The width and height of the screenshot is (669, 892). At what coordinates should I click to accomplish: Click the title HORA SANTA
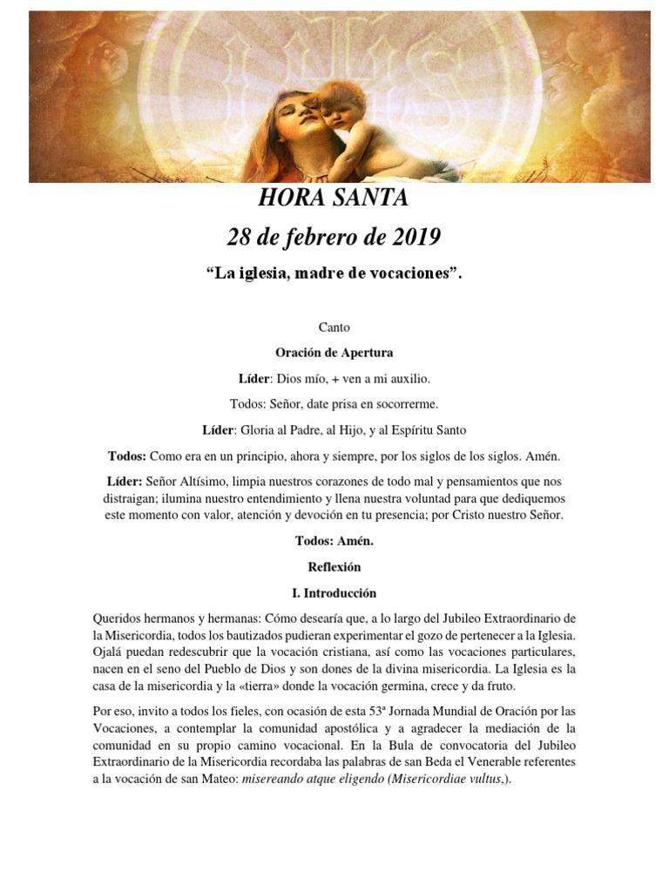[334, 199]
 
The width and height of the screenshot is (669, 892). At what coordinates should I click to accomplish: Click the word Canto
[334, 328]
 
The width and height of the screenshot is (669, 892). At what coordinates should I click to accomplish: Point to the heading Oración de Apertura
[334, 353]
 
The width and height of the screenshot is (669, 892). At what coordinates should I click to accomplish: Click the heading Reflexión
[334, 566]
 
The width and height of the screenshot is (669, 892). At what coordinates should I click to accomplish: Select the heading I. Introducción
[334, 593]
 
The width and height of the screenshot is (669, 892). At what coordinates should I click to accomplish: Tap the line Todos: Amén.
[334, 540]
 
